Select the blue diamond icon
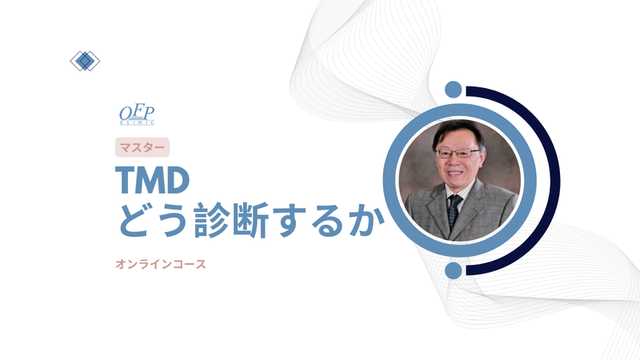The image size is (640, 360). tap(85, 61)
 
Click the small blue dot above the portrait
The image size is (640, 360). tap(454, 89)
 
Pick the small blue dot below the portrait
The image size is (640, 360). tap(454, 270)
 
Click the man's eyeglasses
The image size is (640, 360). tap(459, 153)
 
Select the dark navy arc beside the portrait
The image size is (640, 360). tap(553, 180)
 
